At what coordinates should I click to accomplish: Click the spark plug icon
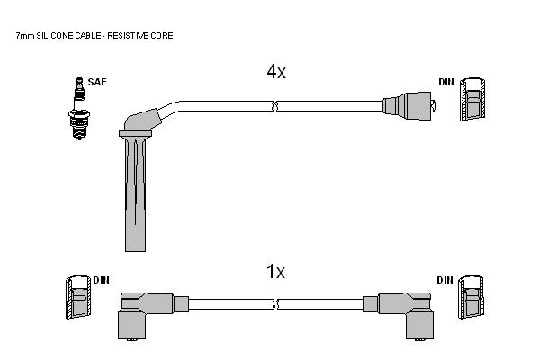click(x=79, y=109)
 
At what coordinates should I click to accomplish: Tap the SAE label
click(x=97, y=82)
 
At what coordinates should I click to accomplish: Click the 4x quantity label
click(x=276, y=72)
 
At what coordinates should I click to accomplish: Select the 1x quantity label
click(x=275, y=272)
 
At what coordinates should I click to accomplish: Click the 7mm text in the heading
click(x=25, y=35)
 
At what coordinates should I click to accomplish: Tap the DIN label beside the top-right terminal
click(x=446, y=82)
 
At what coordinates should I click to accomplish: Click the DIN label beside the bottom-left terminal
click(x=101, y=280)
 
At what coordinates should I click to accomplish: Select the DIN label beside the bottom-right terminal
click(x=445, y=280)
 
